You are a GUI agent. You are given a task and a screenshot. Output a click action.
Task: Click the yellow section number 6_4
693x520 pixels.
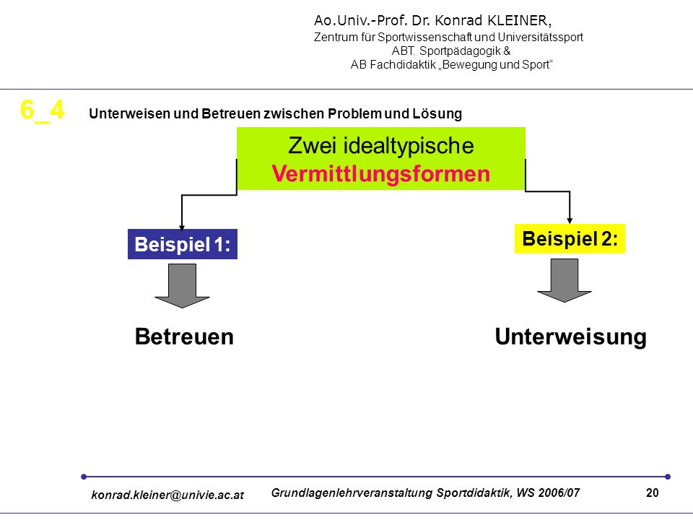pos(43,110)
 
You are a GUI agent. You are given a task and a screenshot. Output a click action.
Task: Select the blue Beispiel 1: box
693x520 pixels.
pos(183,244)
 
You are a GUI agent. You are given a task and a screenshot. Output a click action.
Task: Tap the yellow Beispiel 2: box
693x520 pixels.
pos(570,239)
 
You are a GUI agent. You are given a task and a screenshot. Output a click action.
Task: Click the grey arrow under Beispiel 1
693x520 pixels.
pos(182,286)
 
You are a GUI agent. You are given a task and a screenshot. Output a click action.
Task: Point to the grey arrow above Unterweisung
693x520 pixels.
pos(565,280)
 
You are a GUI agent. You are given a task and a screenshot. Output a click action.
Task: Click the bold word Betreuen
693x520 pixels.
pos(184,337)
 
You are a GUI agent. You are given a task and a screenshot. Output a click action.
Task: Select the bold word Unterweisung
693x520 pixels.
pos(570,337)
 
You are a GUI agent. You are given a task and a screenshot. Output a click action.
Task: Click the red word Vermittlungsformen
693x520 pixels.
pos(381,173)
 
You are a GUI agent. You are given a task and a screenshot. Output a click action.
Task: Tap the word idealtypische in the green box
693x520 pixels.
pos(409,146)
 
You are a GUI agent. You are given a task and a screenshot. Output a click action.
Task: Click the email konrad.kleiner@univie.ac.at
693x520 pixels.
pos(167,495)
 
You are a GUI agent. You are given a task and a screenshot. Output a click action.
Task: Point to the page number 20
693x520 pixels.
pos(653,493)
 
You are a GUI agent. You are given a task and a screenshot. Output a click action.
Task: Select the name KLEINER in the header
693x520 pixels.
pos(519,21)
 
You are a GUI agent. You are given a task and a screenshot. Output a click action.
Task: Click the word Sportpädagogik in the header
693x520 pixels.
pos(460,51)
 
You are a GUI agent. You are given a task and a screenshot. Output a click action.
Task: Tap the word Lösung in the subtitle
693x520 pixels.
pos(437,113)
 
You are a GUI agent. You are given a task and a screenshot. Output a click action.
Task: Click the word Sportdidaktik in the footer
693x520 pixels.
pos(473,493)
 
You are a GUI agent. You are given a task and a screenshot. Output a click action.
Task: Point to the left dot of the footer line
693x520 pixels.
pos(84,477)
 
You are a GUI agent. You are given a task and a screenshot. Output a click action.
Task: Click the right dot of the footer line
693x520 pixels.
pos(668,477)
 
